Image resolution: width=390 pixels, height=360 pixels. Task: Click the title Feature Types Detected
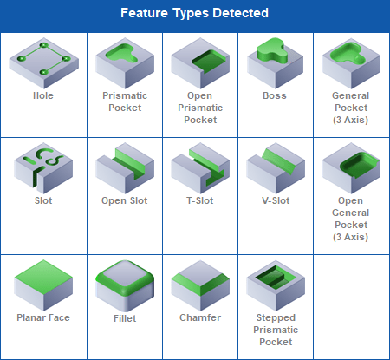point(194,13)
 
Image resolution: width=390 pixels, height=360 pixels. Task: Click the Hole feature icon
point(43,63)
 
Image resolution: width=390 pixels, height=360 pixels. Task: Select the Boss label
point(275,95)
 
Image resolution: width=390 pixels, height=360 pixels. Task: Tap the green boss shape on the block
point(271,51)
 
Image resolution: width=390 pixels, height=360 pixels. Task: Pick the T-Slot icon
point(200,167)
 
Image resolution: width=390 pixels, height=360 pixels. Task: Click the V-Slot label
point(276,200)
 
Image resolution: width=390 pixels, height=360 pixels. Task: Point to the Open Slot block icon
point(125,167)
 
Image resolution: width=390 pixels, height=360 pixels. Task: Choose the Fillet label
point(125,318)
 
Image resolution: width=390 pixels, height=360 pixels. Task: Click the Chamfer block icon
point(200,285)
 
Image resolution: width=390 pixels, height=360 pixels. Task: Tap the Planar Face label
point(43,317)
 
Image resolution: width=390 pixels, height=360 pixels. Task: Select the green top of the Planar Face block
point(43,277)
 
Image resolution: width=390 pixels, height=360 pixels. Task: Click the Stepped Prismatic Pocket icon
point(276,285)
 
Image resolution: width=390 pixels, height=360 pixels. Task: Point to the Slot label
point(43,200)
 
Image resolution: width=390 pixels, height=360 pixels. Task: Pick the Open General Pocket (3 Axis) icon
point(351,167)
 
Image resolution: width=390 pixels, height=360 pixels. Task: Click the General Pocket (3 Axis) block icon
point(351,63)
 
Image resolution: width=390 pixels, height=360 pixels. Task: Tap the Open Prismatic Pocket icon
point(200,63)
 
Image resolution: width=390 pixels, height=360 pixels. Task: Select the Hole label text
point(43,95)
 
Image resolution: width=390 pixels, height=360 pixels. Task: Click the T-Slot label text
point(200,200)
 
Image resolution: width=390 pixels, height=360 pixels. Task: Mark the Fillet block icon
point(125,285)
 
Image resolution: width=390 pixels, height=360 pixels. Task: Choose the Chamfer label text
point(200,317)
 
